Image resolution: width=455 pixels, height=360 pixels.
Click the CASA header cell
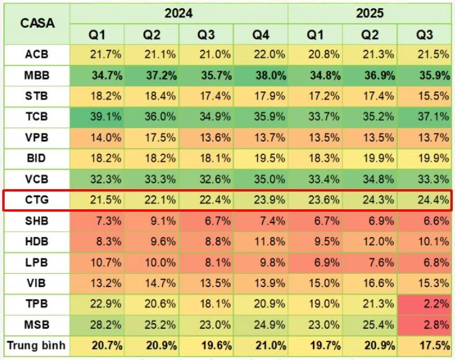(37, 24)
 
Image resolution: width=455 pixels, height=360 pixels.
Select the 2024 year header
(178, 13)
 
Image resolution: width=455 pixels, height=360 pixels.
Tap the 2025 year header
(370, 13)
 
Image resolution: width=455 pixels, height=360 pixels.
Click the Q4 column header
(261, 35)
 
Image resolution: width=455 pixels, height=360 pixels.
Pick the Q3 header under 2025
(425, 35)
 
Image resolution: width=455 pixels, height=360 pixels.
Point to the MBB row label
(36, 75)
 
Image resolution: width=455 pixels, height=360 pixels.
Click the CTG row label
(36, 200)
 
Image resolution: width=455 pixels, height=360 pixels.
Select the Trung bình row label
(36, 346)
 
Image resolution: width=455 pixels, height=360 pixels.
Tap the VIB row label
(36, 283)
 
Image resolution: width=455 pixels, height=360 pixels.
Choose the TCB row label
(36, 117)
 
